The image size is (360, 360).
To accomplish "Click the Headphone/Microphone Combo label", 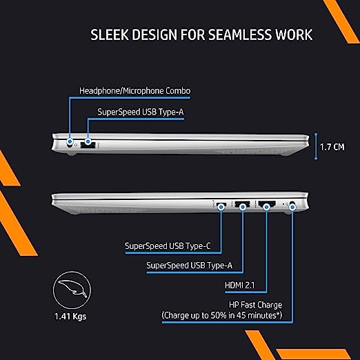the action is [135, 91].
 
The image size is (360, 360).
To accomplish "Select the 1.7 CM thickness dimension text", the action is [332, 147].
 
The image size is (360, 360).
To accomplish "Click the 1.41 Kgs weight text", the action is [70, 316].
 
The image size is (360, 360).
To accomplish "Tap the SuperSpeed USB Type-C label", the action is [168, 246].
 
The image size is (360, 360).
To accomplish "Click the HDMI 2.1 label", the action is [240, 286].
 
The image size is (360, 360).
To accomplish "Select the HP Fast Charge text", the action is [256, 305].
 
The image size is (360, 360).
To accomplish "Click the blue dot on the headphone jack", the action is [70, 141].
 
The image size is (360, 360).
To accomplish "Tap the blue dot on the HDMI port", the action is [266, 207].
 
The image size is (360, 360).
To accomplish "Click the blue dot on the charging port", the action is [292, 207].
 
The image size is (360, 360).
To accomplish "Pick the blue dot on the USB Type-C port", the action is [221, 207].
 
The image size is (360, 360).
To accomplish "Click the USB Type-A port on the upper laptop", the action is [88, 145].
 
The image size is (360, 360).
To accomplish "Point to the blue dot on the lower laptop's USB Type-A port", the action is [243, 207].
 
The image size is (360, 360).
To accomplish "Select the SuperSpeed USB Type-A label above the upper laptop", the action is [141, 112].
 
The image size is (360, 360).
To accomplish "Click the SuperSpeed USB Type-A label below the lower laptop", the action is [189, 266].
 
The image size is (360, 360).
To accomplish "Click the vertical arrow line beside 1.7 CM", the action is [316, 146].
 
